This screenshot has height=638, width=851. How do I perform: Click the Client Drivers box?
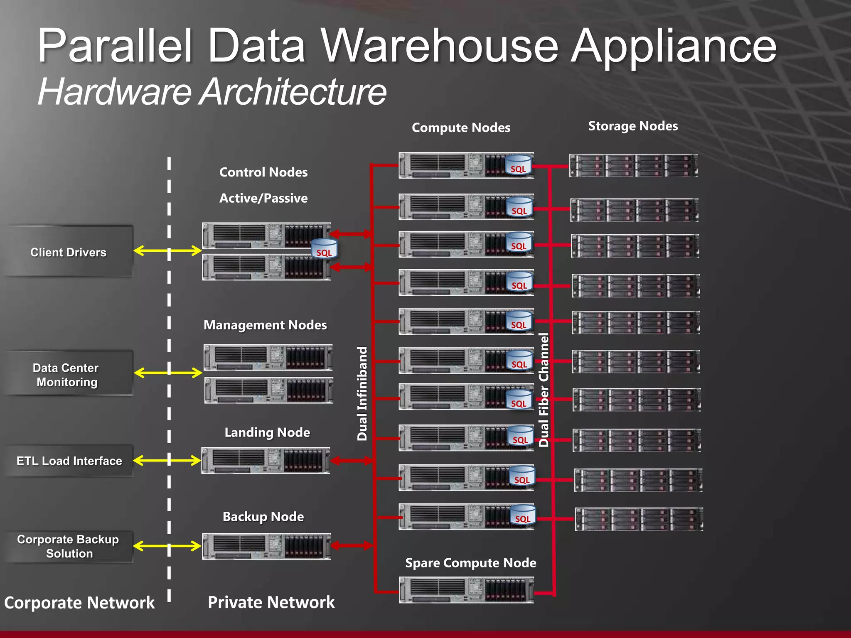coord(69,252)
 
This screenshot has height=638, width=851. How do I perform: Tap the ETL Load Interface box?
coord(69,461)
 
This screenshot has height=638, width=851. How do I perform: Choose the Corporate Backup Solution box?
coord(69,546)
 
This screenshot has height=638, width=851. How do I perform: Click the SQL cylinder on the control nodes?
coord(324,249)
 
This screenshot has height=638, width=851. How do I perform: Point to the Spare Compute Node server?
coord(466,590)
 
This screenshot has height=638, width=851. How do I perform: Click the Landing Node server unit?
coord(266,460)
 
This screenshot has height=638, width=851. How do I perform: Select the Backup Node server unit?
coord(266,546)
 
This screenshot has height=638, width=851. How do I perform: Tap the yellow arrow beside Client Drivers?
coord(167,250)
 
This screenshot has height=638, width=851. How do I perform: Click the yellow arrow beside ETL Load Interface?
coord(167,460)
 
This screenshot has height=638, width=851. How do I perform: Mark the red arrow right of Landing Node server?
coord(352,460)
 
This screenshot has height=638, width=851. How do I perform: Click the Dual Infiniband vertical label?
coord(362,393)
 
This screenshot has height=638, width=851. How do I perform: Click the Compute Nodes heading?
coord(461,128)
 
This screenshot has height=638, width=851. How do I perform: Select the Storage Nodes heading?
coord(633,126)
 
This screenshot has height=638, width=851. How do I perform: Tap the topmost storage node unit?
coord(633,165)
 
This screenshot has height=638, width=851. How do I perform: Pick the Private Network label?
coord(271,602)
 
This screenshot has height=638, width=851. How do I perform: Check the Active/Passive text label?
coord(263,198)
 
